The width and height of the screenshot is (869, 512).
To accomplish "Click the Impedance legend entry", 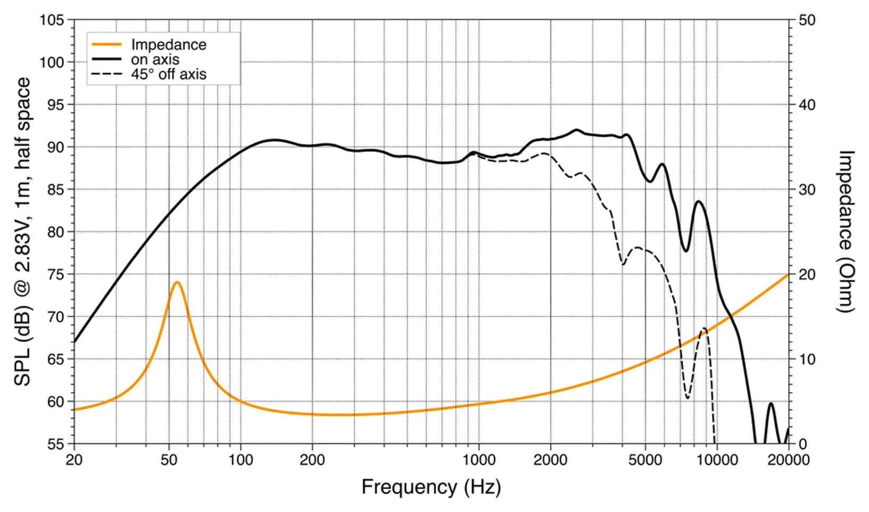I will pos(168,45).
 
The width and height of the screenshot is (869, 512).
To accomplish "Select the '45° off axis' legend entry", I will pos(168,74).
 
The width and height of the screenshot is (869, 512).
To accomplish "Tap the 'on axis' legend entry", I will pos(155,60).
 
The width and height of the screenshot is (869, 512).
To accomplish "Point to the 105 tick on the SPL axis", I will pos(52,20).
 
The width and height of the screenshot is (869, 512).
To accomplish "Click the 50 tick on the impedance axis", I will pos(807,20).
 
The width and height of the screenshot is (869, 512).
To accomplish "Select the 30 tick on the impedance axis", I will pos(807,190).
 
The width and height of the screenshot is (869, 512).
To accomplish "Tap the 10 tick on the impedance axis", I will pos(807,359).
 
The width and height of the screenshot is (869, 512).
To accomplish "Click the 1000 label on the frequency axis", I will pos(479,460).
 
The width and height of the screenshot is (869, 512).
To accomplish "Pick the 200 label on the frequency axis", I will pos(312,460).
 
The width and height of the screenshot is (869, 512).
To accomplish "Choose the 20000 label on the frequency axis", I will pos(788,460).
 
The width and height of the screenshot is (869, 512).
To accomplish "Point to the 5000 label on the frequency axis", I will pos(645,460).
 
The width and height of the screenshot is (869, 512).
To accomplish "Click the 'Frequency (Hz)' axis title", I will pos(431,487).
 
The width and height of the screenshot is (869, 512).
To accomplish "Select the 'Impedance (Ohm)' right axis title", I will pos(846,232).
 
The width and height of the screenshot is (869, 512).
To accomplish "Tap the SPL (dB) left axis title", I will pos(22,232).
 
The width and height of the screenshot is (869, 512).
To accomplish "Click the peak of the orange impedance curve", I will pos(177,282).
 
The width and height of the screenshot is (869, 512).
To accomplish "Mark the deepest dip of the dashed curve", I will pos(688,397).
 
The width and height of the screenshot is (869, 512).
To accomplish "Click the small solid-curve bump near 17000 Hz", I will pos(771,404).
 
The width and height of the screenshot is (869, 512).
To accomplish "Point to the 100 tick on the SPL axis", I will pos(52,62).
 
